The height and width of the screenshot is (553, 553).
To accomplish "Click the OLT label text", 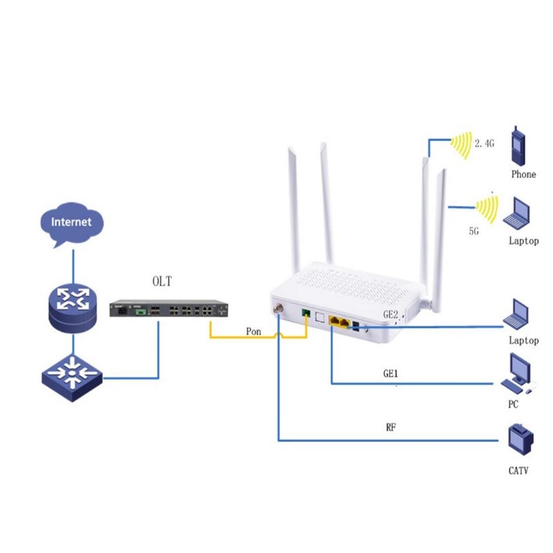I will [x=162, y=281].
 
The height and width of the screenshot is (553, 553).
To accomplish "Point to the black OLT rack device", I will [x=169, y=312].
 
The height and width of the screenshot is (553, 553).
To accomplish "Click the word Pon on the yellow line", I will [x=254, y=331].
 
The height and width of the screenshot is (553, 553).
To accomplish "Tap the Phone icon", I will [x=523, y=146].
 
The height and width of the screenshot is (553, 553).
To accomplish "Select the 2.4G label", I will [x=485, y=144].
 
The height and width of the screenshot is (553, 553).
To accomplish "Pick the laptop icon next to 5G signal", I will [x=521, y=212].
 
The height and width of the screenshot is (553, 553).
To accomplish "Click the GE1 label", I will [x=392, y=373].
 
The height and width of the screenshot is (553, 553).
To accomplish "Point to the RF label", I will [x=391, y=427].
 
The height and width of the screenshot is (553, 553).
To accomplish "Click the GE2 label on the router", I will [x=391, y=315].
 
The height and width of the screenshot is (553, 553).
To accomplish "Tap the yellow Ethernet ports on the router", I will [x=339, y=321].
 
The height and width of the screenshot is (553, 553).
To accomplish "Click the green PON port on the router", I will [x=306, y=315].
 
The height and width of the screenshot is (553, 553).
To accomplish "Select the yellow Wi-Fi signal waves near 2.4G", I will [x=462, y=144].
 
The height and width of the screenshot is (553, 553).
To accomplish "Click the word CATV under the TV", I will [x=521, y=471].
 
